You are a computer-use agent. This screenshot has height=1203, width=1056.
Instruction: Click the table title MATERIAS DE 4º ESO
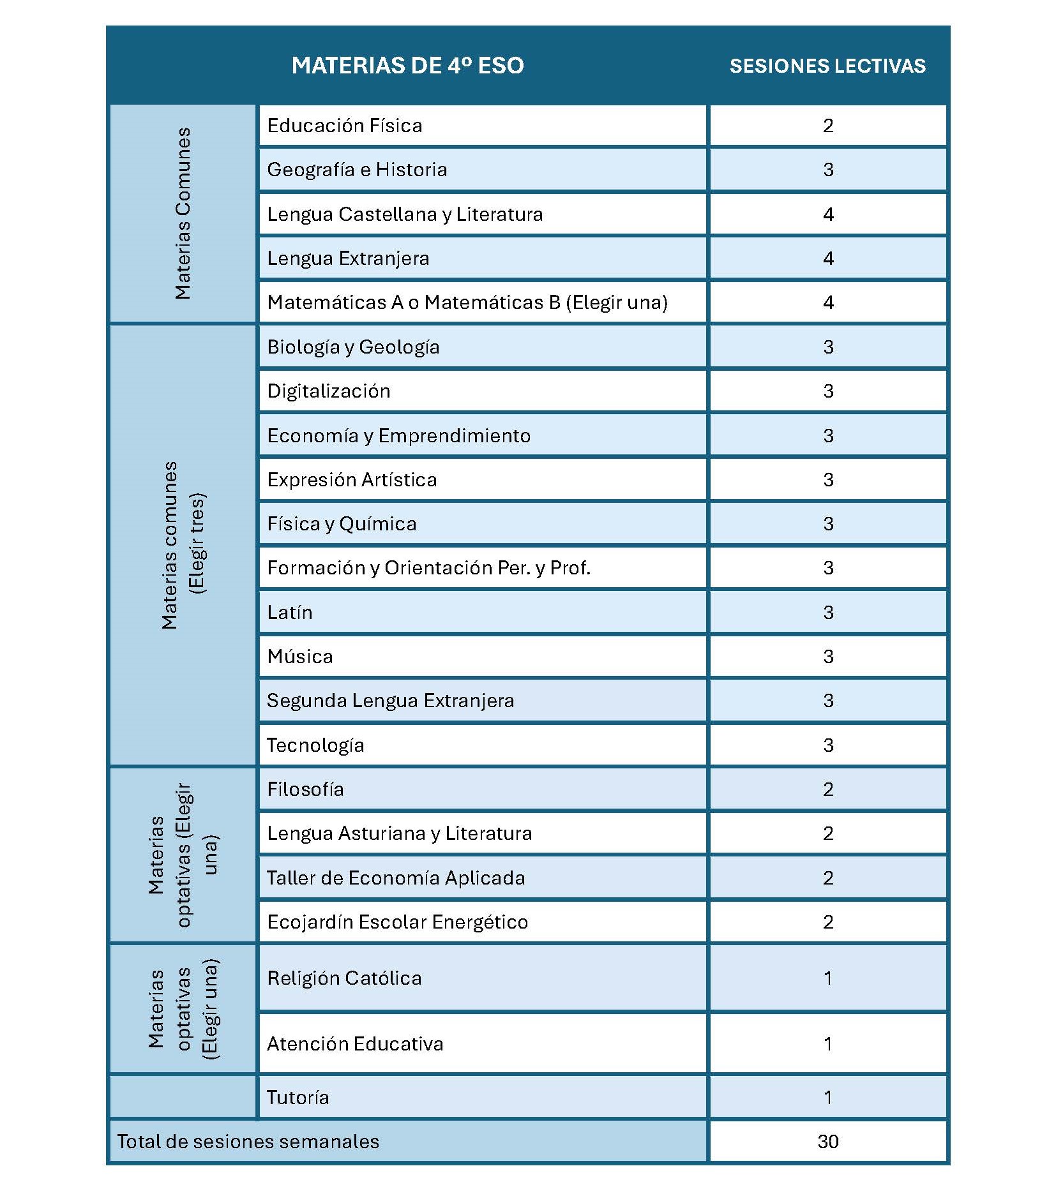click(407, 66)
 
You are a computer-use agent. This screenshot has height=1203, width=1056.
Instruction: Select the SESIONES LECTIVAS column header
click(827, 66)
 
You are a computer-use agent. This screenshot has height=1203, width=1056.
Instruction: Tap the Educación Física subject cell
click(344, 126)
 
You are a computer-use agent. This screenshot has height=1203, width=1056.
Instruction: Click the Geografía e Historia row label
click(357, 170)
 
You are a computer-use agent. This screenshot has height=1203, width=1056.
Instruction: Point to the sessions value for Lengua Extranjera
click(827, 258)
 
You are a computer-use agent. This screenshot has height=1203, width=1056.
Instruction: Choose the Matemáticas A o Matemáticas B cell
click(467, 303)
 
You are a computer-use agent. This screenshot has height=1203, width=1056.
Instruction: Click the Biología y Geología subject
click(353, 347)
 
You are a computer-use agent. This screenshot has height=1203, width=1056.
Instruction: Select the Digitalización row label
click(328, 391)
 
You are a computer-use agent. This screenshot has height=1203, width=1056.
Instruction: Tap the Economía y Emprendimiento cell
click(398, 436)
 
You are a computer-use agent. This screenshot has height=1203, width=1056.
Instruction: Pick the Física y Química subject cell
click(342, 524)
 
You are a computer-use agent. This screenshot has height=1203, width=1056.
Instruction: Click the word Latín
click(290, 613)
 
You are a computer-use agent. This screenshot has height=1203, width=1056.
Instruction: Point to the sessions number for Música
click(827, 657)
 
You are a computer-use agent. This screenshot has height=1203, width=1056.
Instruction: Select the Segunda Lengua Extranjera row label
click(390, 701)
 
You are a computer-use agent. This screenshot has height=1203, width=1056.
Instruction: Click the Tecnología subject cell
click(315, 745)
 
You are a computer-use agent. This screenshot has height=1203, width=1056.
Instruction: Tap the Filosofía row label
click(305, 789)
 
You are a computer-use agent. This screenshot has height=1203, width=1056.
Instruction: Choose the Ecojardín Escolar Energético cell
click(397, 922)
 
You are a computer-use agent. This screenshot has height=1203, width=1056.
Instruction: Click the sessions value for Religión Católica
click(827, 978)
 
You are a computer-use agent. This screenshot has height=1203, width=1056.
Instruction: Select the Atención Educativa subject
click(354, 1044)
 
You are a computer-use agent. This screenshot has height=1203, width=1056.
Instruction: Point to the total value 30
click(827, 1142)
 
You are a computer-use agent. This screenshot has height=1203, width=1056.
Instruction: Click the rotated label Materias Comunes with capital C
click(183, 214)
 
